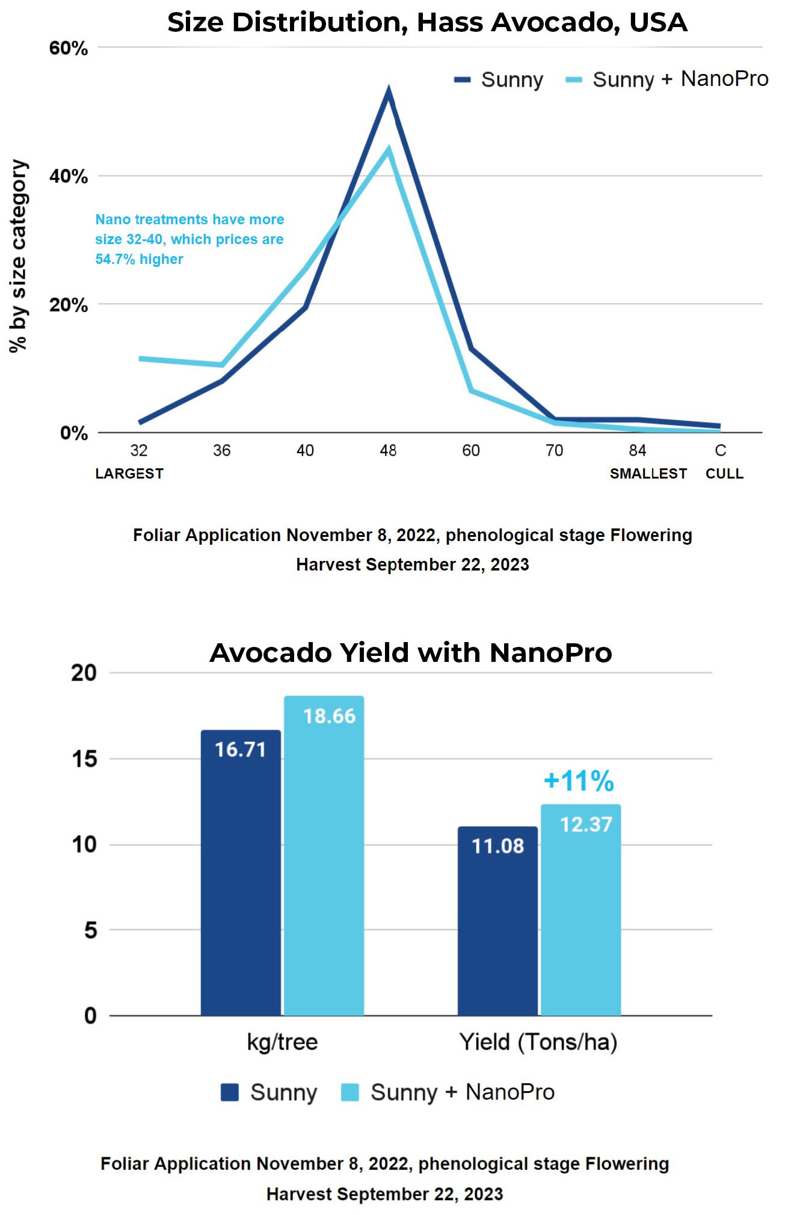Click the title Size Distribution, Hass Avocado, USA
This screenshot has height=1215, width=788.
[427, 23]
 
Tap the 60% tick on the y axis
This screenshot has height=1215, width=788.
[69, 48]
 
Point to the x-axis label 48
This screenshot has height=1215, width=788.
[388, 450]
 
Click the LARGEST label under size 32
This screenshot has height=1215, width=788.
[129, 474]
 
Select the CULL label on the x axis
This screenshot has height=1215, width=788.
[724, 474]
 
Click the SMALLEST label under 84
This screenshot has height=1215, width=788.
[648, 474]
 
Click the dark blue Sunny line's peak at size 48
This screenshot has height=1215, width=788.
[389, 93]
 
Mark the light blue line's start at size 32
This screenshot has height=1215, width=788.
[140, 359]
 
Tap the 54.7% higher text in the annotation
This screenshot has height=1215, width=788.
[139, 259]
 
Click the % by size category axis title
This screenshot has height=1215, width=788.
[18, 256]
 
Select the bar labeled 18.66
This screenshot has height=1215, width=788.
[324, 854]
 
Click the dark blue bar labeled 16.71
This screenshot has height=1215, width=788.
[241, 872]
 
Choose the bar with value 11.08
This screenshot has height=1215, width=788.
[497, 920]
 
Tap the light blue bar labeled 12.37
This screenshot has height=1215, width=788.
[580, 908]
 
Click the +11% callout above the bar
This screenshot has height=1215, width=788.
[578, 781]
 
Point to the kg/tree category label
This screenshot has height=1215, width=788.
[282, 1042]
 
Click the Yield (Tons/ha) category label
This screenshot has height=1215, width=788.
[538, 1042]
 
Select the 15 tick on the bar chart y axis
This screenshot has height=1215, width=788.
[84, 759]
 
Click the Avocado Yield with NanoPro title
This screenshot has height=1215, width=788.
[411, 653]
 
